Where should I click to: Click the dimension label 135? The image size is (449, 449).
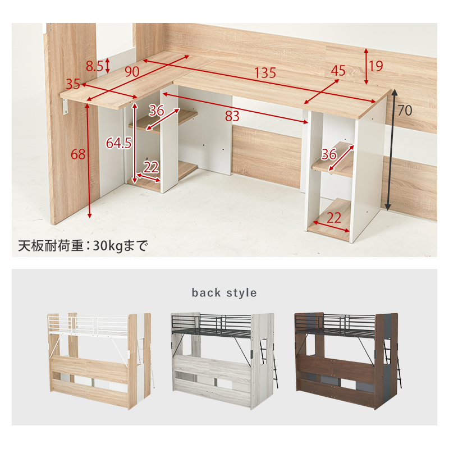pos(265,73)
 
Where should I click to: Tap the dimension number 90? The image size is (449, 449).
pos(132,72)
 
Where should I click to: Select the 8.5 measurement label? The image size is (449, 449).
pos(94,66)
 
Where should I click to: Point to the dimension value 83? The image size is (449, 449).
pos(232,116)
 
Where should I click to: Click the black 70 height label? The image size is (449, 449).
pos(405,110)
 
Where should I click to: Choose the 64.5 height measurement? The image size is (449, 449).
pos(119,143)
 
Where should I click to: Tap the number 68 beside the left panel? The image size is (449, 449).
pos(78,154)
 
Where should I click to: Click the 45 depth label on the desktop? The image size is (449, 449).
pos(338,71)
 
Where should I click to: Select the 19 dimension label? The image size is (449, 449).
pos(376,66)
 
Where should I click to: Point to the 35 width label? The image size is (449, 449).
pos(73,84)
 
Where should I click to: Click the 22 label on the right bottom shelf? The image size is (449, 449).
pos(333,218)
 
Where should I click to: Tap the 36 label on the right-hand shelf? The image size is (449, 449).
pos(329,155)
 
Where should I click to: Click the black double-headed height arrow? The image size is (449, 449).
pos(391,150)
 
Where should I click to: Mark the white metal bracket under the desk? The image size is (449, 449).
pos(66,107)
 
